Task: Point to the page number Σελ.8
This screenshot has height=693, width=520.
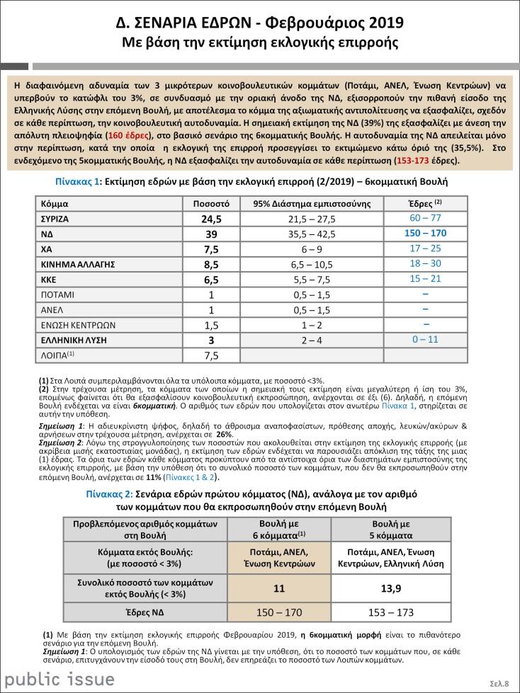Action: coord(499,683)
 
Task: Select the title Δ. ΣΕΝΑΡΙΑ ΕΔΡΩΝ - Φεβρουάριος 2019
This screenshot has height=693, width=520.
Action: coord(259,23)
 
